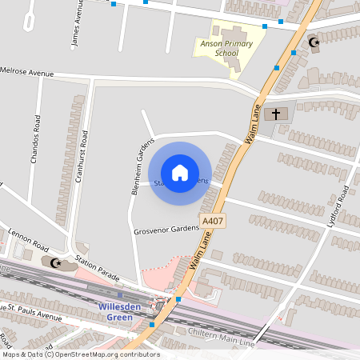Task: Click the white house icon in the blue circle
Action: [x=180, y=172]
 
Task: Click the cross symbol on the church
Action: [x=276, y=114]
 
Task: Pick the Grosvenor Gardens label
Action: [x=166, y=229]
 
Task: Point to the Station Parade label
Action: [x=96, y=269]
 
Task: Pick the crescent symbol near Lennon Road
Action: [x=55, y=262]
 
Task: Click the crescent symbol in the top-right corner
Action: [x=314, y=42]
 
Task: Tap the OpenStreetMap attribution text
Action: [x=80, y=354]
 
